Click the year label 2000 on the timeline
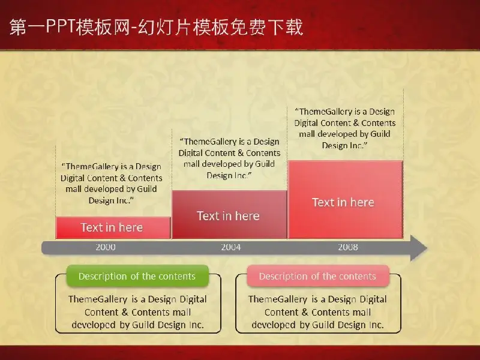pos(106,247)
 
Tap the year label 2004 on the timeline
pos(231,247)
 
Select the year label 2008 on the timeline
pos(348,247)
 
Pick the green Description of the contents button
pos(137,276)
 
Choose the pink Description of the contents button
pos(318,276)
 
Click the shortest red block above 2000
pos(113,228)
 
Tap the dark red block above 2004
pos(230,215)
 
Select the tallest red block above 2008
pos(346,200)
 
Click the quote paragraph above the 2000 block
pos(112,184)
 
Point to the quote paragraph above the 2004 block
pos(229,158)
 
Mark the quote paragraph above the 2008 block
pos(344,128)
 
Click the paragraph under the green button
pos(138,312)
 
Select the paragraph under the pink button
pos(318,312)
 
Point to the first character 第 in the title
pos(18,27)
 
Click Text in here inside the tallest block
pos(343,202)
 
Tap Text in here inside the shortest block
pos(112,227)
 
